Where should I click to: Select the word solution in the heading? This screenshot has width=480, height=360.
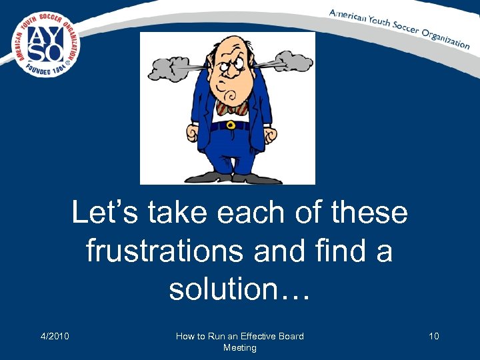[230, 289]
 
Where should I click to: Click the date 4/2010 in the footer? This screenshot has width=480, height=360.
[55, 336]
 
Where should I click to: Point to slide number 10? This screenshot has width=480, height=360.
[434, 336]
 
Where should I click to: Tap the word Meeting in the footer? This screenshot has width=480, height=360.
[239, 347]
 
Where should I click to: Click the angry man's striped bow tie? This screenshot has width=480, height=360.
[229, 107]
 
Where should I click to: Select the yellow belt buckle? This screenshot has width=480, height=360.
[230, 125]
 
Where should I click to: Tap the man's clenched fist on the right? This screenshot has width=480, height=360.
[269, 135]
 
